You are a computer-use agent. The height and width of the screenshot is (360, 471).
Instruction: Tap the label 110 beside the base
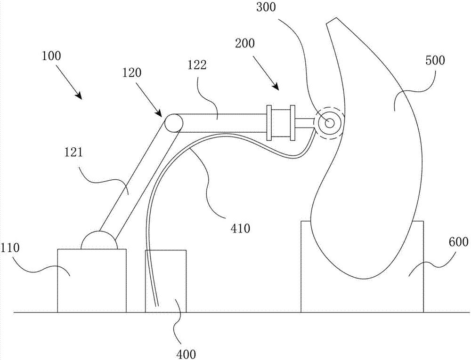coord(10,248)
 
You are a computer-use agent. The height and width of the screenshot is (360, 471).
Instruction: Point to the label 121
coord(73,153)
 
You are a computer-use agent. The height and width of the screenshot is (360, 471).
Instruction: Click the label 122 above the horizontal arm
coord(198,65)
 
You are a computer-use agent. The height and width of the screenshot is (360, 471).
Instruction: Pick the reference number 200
coord(245,43)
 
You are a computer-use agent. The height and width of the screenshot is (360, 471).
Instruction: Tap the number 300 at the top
coord(266,8)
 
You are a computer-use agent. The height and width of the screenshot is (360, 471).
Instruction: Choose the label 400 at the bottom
coord(187,354)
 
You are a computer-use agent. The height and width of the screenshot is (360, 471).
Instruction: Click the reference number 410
coord(241,229)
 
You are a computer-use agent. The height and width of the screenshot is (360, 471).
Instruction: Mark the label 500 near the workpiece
coord(435,61)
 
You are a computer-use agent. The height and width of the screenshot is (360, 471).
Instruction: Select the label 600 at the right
coord(459,241)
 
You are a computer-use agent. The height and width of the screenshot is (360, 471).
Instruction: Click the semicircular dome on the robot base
coord(99,240)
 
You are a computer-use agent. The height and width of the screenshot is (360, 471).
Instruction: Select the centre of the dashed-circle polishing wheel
coord(329,123)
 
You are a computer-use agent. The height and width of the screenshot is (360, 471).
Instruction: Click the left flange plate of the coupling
coord(269,123)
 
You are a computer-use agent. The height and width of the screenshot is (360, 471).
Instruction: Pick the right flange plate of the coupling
coord(293,123)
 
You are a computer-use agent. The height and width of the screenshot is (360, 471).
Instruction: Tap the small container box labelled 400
coord(166,281)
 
